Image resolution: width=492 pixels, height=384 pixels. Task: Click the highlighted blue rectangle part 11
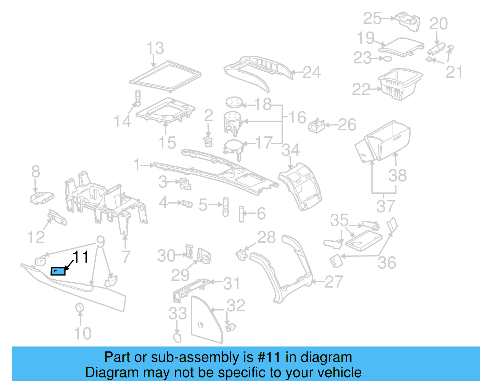[x=58, y=271]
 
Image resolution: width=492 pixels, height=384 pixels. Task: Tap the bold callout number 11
[x=81, y=257]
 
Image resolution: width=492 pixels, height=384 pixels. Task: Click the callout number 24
[x=312, y=73]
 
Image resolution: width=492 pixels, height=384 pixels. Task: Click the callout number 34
[x=291, y=150]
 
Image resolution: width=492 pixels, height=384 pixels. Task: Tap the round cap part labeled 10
[x=80, y=307]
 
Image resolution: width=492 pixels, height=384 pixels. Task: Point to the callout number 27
[x=334, y=282]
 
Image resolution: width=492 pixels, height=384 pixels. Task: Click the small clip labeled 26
[x=316, y=125]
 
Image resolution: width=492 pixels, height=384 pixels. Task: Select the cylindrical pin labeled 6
[x=241, y=214]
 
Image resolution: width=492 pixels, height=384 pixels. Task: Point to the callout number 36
[x=387, y=263]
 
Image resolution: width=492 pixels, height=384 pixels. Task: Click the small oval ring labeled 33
[x=177, y=338]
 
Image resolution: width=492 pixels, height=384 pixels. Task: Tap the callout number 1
[x=137, y=165]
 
